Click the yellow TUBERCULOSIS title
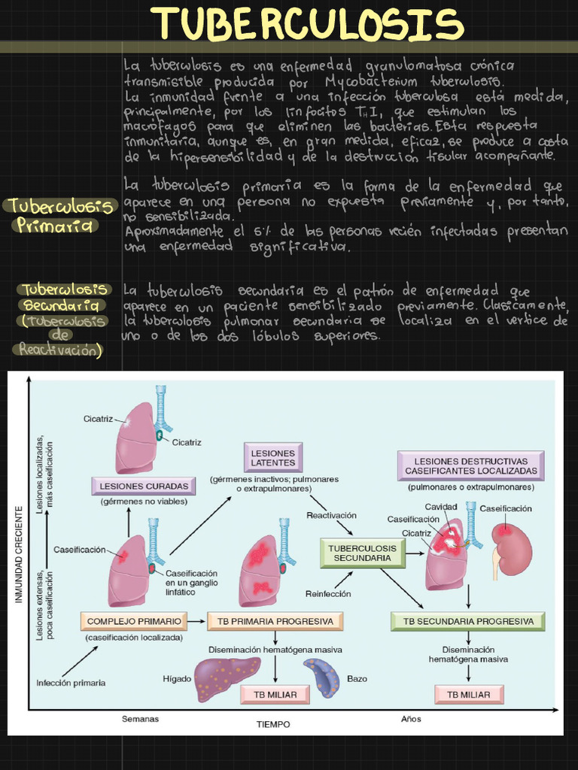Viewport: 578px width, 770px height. coord(308,23)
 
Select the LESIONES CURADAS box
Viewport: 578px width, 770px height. coord(144,487)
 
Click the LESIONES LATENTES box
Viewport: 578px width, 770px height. coord(272,458)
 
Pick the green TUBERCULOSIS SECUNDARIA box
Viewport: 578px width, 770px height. coord(362,553)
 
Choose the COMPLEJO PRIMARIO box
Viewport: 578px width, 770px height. coord(134,621)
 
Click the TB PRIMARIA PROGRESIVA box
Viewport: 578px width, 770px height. coord(275,621)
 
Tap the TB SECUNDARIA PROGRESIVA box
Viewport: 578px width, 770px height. coord(468,621)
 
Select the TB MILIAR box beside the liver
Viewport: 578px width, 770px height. coord(275,695)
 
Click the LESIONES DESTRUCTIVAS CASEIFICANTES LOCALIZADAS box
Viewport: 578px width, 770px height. coord(471,466)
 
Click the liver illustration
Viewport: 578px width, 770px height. coord(227,678)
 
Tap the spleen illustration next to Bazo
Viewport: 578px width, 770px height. coord(322,678)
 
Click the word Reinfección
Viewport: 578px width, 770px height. coord(328,594)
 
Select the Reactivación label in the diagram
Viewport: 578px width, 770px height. coord(331,515)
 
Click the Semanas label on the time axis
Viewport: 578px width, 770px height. coord(140,719)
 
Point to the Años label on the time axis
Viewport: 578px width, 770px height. coord(411,719)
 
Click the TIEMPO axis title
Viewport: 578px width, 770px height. coord(273,724)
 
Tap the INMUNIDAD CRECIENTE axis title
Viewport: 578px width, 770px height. coord(19,554)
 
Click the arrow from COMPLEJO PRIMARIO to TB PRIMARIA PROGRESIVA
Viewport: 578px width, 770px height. coord(196,621)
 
